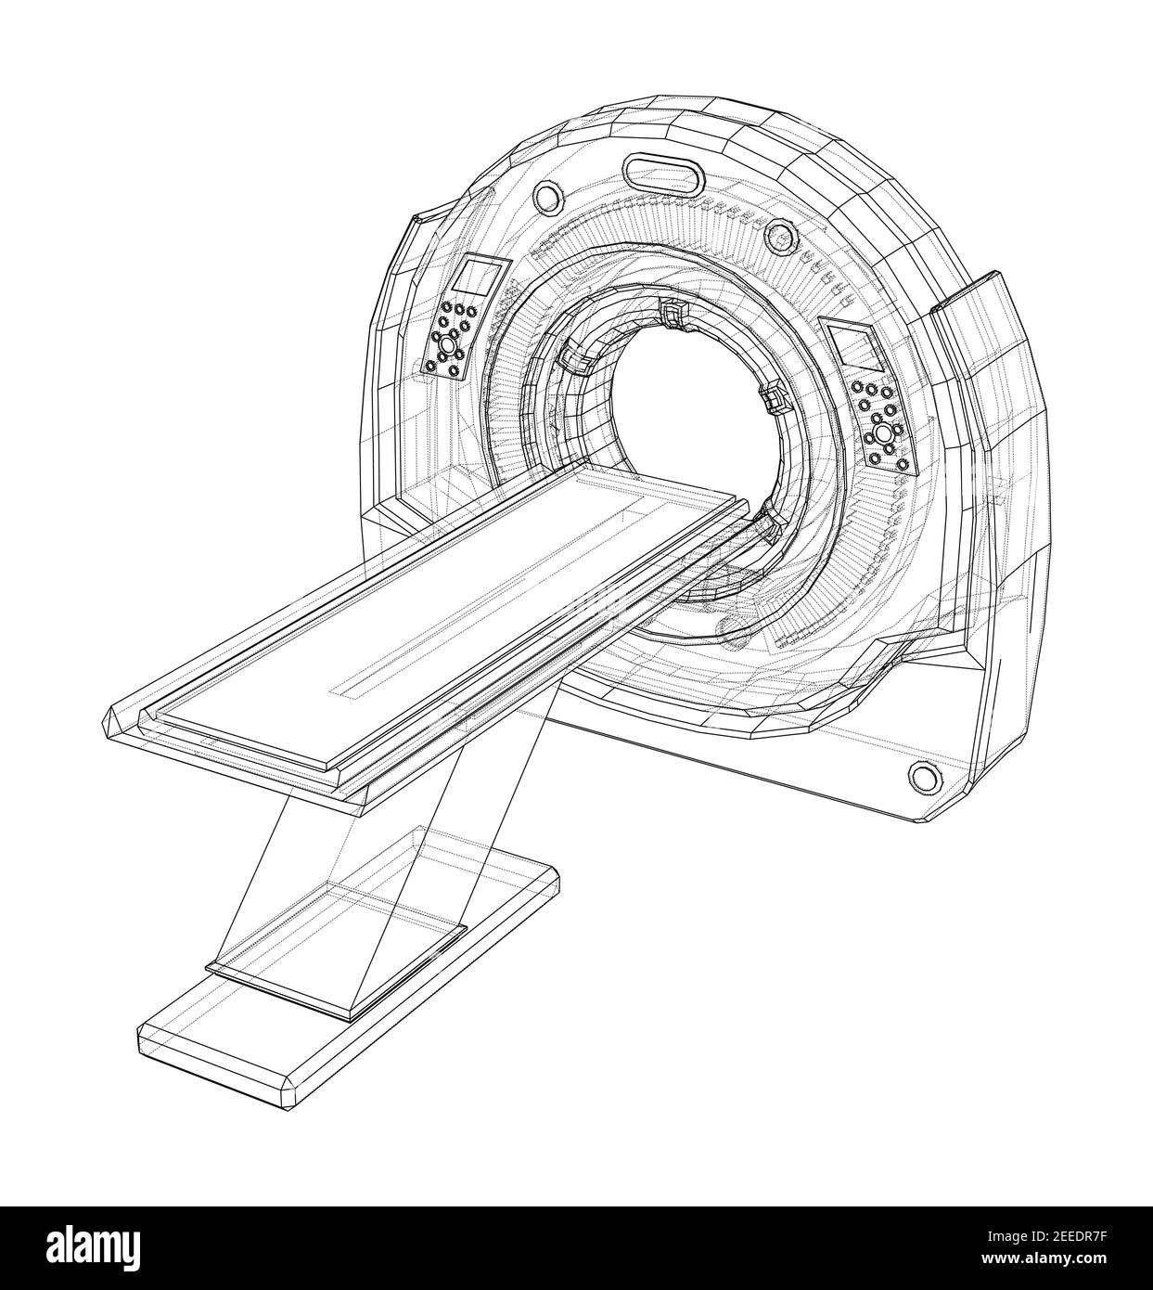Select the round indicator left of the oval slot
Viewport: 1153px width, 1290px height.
click(x=547, y=196)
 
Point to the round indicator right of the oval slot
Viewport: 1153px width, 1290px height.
click(x=784, y=240)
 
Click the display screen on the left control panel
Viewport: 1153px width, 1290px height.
click(x=481, y=278)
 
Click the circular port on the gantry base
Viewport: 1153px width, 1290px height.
click(x=921, y=775)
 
